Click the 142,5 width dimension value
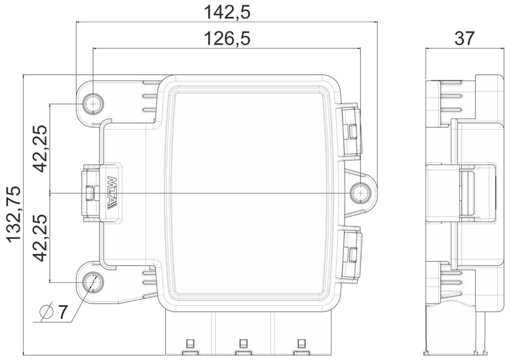pyautogui.click(x=227, y=12)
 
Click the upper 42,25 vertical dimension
pyautogui.click(x=41, y=149)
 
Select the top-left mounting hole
pyautogui.click(x=94, y=104)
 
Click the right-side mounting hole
pyautogui.click(x=360, y=194)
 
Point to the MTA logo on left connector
pyautogui.click(x=110, y=193)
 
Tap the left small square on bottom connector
pyautogui.click(x=190, y=343)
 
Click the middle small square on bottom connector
pyautogui.click(x=243, y=343)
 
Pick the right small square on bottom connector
pyautogui.click(x=301, y=343)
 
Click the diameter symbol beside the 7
pyautogui.click(x=46, y=312)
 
